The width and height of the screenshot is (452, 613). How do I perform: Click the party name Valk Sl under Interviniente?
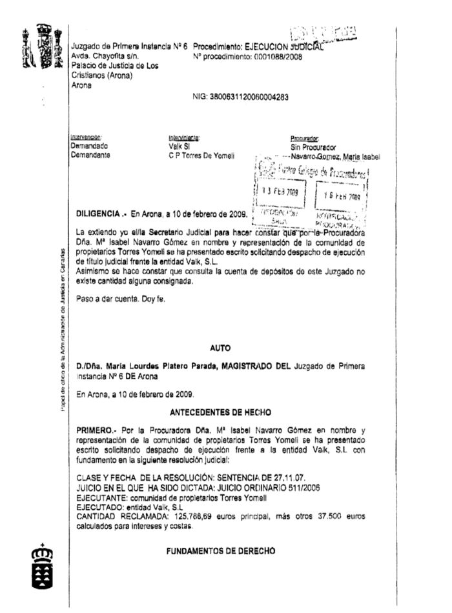[177, 147]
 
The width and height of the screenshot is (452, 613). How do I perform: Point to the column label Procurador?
[305, 138]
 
